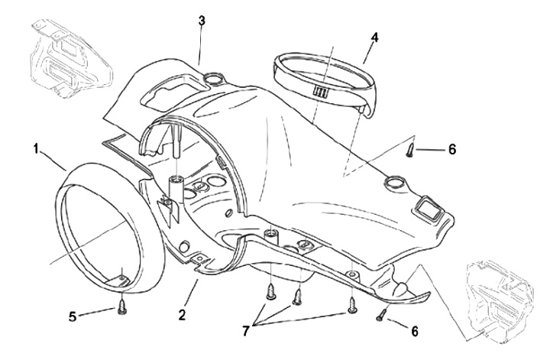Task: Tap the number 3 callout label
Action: (x=201, y=21)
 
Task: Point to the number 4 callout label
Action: (x=375, y=36)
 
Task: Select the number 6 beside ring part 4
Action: (x=451, y=149)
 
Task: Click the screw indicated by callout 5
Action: (x=122, y=308)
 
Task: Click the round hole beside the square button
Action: (x=395, y=181)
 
